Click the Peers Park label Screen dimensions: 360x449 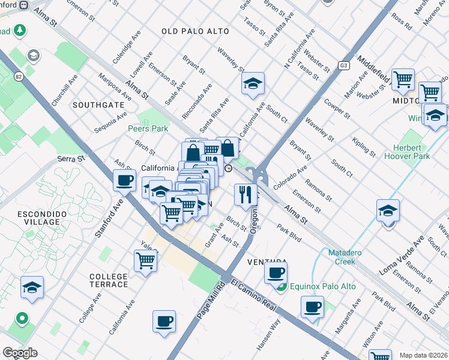[x=148, y=128]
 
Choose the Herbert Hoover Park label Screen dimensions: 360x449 [x=412, y=152]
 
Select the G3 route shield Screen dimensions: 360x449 [x=344, y=65]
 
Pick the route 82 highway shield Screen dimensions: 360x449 [x=19, y=60]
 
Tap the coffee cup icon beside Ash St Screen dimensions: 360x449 [x=125, y=179]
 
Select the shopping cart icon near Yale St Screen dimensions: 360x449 [x=146, y=261]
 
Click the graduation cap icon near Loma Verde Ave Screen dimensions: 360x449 [x=388, y=211]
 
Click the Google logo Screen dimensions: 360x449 [x=20, y=353]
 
